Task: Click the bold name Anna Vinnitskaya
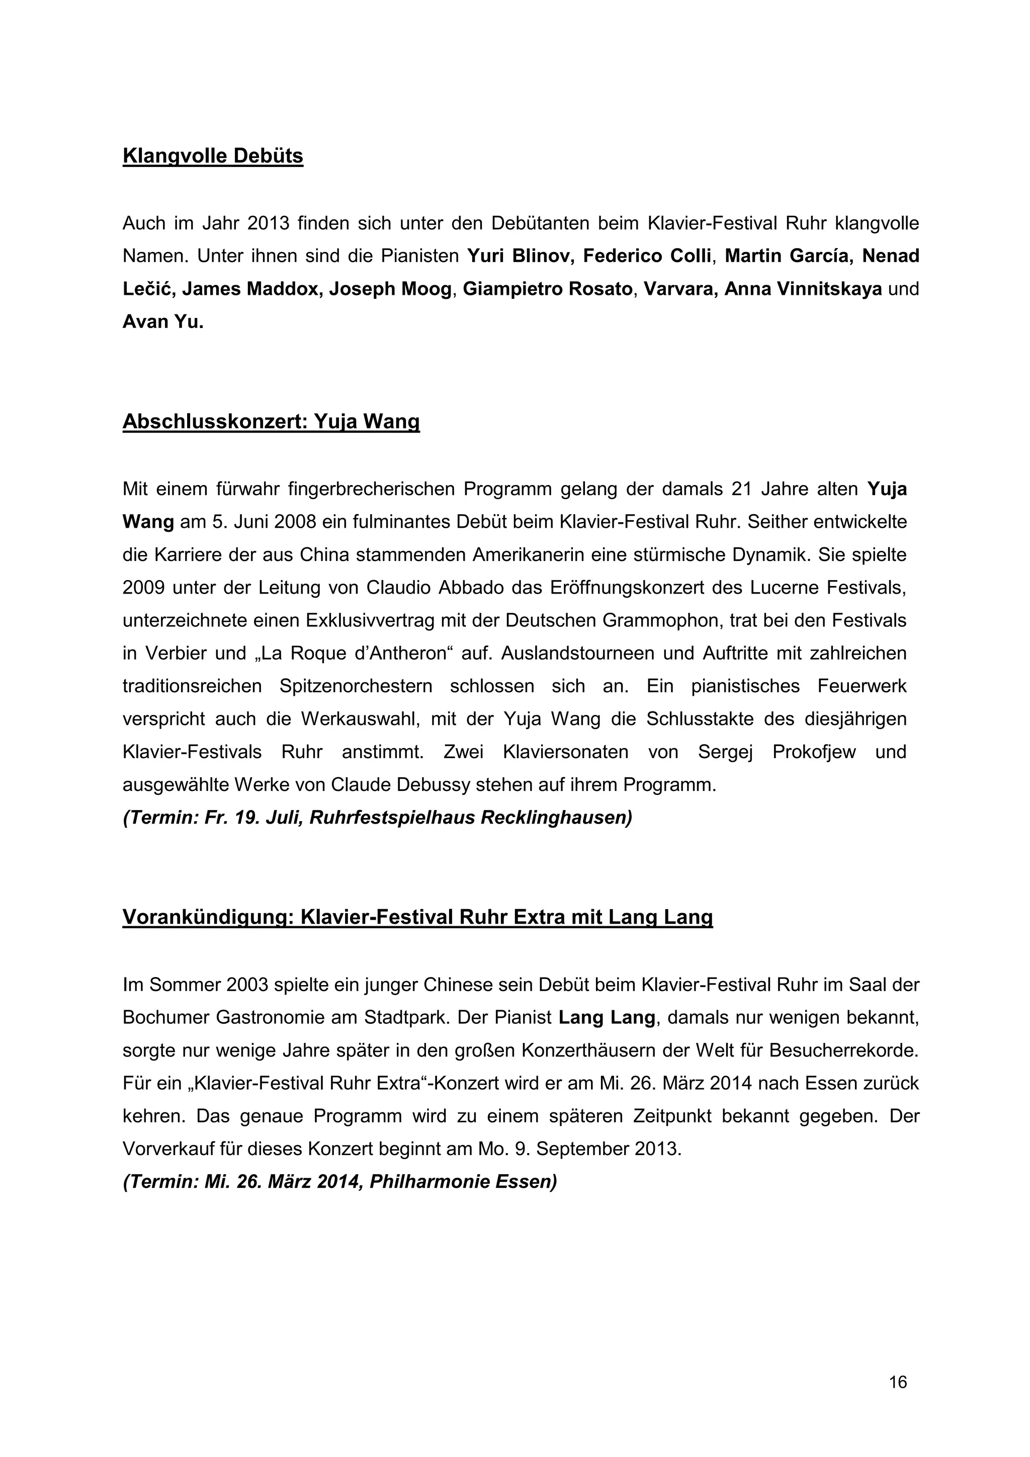click(803, 289)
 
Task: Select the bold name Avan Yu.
click(163, 322)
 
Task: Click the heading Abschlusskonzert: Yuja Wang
click(271, 422)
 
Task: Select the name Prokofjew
click(814, 753)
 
